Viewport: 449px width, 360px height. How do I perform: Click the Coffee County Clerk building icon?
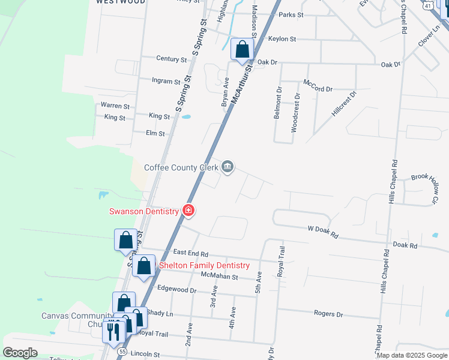click(x=228, y=167)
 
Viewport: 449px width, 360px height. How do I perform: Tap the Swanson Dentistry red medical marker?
click(x=188, y=211)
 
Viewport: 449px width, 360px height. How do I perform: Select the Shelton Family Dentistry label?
click(x=203, y=265)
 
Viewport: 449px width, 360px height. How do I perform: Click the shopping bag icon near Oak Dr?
click(x=242, y=50)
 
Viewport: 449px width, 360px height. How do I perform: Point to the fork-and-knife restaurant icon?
click(x=111, y=331)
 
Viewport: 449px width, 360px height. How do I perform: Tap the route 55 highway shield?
click(x=122, y=351)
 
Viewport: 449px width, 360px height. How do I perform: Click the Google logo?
click(x=20, y=353)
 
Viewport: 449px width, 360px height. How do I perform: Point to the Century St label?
click(x=171, y=59)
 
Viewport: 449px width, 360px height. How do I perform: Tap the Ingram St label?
click(x=166, y=81)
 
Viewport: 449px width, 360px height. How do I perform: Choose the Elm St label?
click(x=155, y=133)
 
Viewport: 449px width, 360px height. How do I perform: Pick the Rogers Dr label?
click(x=328, y=314)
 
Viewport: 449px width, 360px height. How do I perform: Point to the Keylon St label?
click(x=282, y=39)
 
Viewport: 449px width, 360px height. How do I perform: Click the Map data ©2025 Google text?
click(x=411, y=355)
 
